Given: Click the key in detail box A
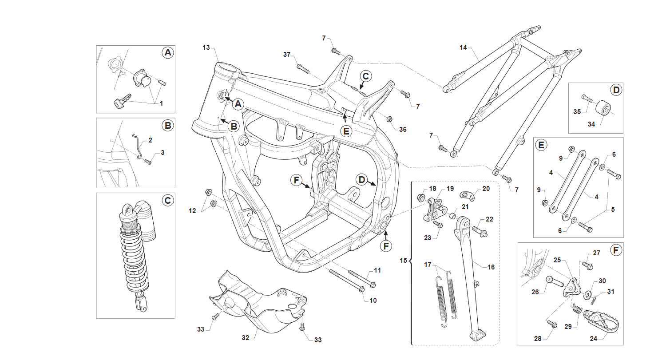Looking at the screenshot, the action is point(122,100).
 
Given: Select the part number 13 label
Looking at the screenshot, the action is point(206,47).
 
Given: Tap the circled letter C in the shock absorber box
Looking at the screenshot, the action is point(168,201).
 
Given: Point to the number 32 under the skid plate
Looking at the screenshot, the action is point(245,338).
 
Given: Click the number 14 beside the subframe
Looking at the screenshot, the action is point(463,47).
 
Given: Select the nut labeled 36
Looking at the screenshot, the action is point(389,119).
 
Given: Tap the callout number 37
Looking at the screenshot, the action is point(287,55).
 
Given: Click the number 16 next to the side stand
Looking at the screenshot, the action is point(491,267).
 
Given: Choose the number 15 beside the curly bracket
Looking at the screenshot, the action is point(403,261).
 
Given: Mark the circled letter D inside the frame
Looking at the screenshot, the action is point(361,179).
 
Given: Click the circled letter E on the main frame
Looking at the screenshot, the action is point(346,131).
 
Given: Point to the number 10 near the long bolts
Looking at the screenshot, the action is point(373,300).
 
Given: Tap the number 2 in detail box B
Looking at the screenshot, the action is point(150,140).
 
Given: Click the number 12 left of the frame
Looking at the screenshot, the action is point(192,211).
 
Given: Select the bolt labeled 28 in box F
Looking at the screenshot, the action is point(552,324).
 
